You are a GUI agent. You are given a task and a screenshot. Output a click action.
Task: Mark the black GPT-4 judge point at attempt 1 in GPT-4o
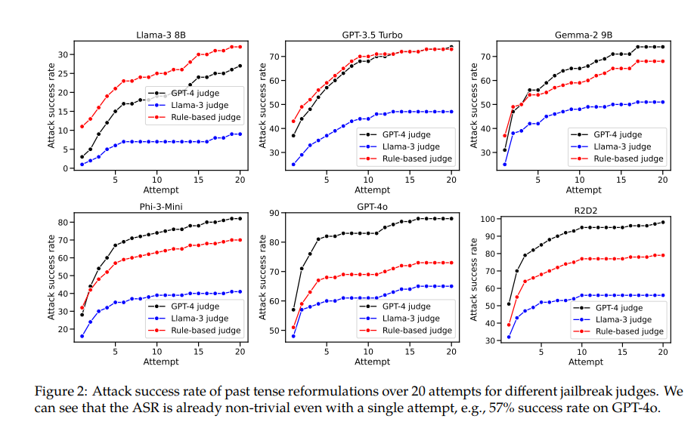293,309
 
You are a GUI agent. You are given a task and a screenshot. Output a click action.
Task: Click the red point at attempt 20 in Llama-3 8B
240,47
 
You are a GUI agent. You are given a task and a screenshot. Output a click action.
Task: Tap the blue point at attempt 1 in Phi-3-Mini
82,336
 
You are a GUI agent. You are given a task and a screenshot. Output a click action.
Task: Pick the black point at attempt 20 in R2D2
664,222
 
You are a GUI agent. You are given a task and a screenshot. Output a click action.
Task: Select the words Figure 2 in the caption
57,392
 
